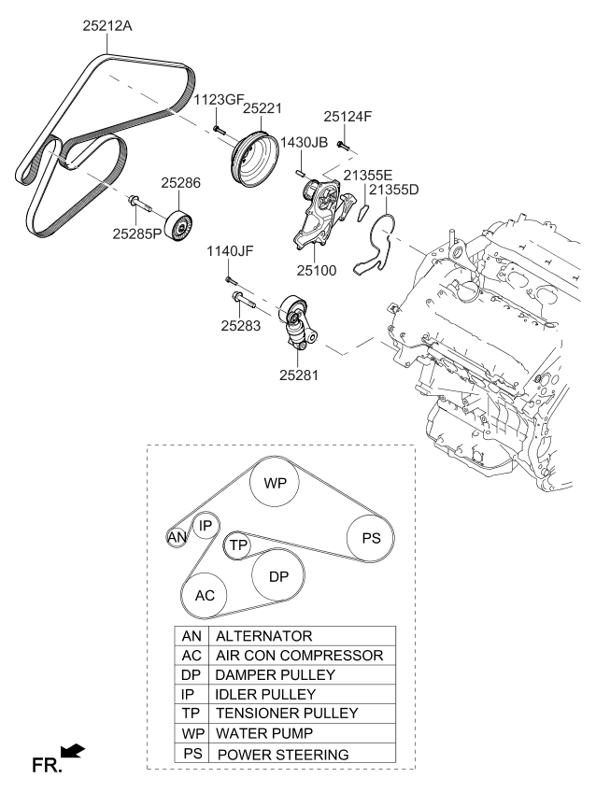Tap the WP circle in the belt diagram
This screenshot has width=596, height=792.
coord(275,484)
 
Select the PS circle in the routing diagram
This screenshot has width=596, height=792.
coord(371,538)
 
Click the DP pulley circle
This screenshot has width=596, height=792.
coord(278,577)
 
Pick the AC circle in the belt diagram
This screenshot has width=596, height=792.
coord(205,595)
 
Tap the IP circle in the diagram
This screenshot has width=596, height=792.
coord(206,526)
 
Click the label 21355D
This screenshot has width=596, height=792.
coord(393,191)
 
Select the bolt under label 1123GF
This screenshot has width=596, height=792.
coord(216,128)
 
